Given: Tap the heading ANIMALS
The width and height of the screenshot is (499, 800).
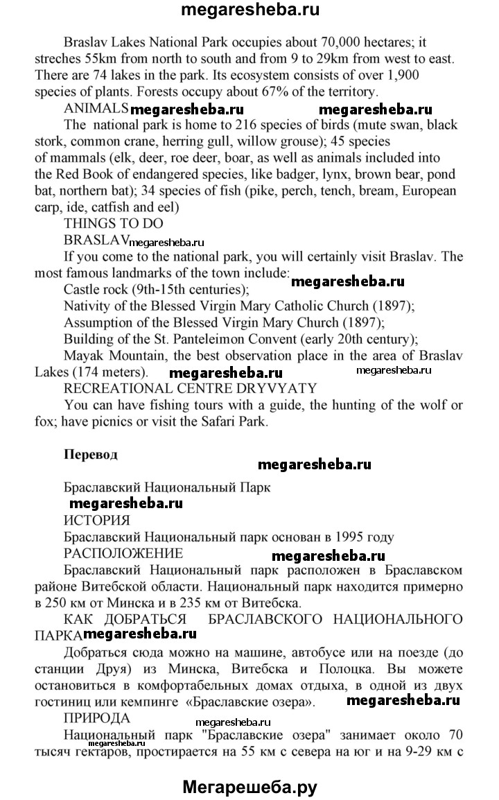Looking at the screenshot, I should [x=96, y=108].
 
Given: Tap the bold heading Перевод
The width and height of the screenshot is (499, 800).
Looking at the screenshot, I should [x=91, y=455].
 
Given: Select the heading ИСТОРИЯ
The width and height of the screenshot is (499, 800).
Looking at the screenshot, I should [x=96, y=521].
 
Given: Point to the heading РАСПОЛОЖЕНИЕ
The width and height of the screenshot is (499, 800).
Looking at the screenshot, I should [x=123, y=553].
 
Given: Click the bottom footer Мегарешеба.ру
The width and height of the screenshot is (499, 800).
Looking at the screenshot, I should [x=249, y=785].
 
